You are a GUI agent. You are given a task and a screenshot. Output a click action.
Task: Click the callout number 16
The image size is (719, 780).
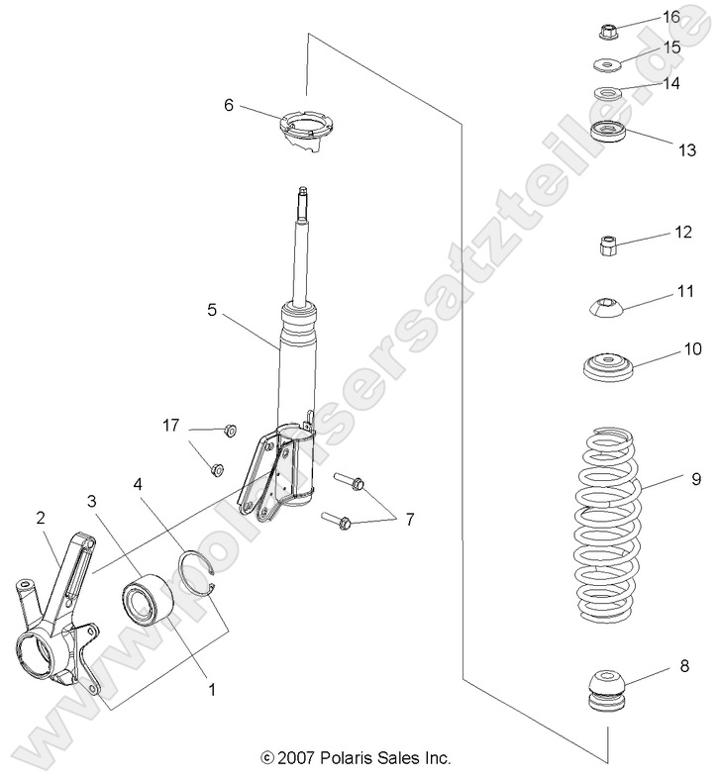coord(670,17)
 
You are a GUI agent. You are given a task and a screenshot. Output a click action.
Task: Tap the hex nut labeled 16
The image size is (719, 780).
coord(610,32)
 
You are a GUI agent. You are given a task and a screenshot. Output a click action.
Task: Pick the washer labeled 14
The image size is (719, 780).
coord(608,96)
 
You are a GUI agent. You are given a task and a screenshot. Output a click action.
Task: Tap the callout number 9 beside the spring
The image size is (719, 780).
coord(696,479)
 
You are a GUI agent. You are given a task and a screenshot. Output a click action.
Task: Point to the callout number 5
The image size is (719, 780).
coord(212,310)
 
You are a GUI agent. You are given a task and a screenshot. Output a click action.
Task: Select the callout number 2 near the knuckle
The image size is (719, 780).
coord(41,517)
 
